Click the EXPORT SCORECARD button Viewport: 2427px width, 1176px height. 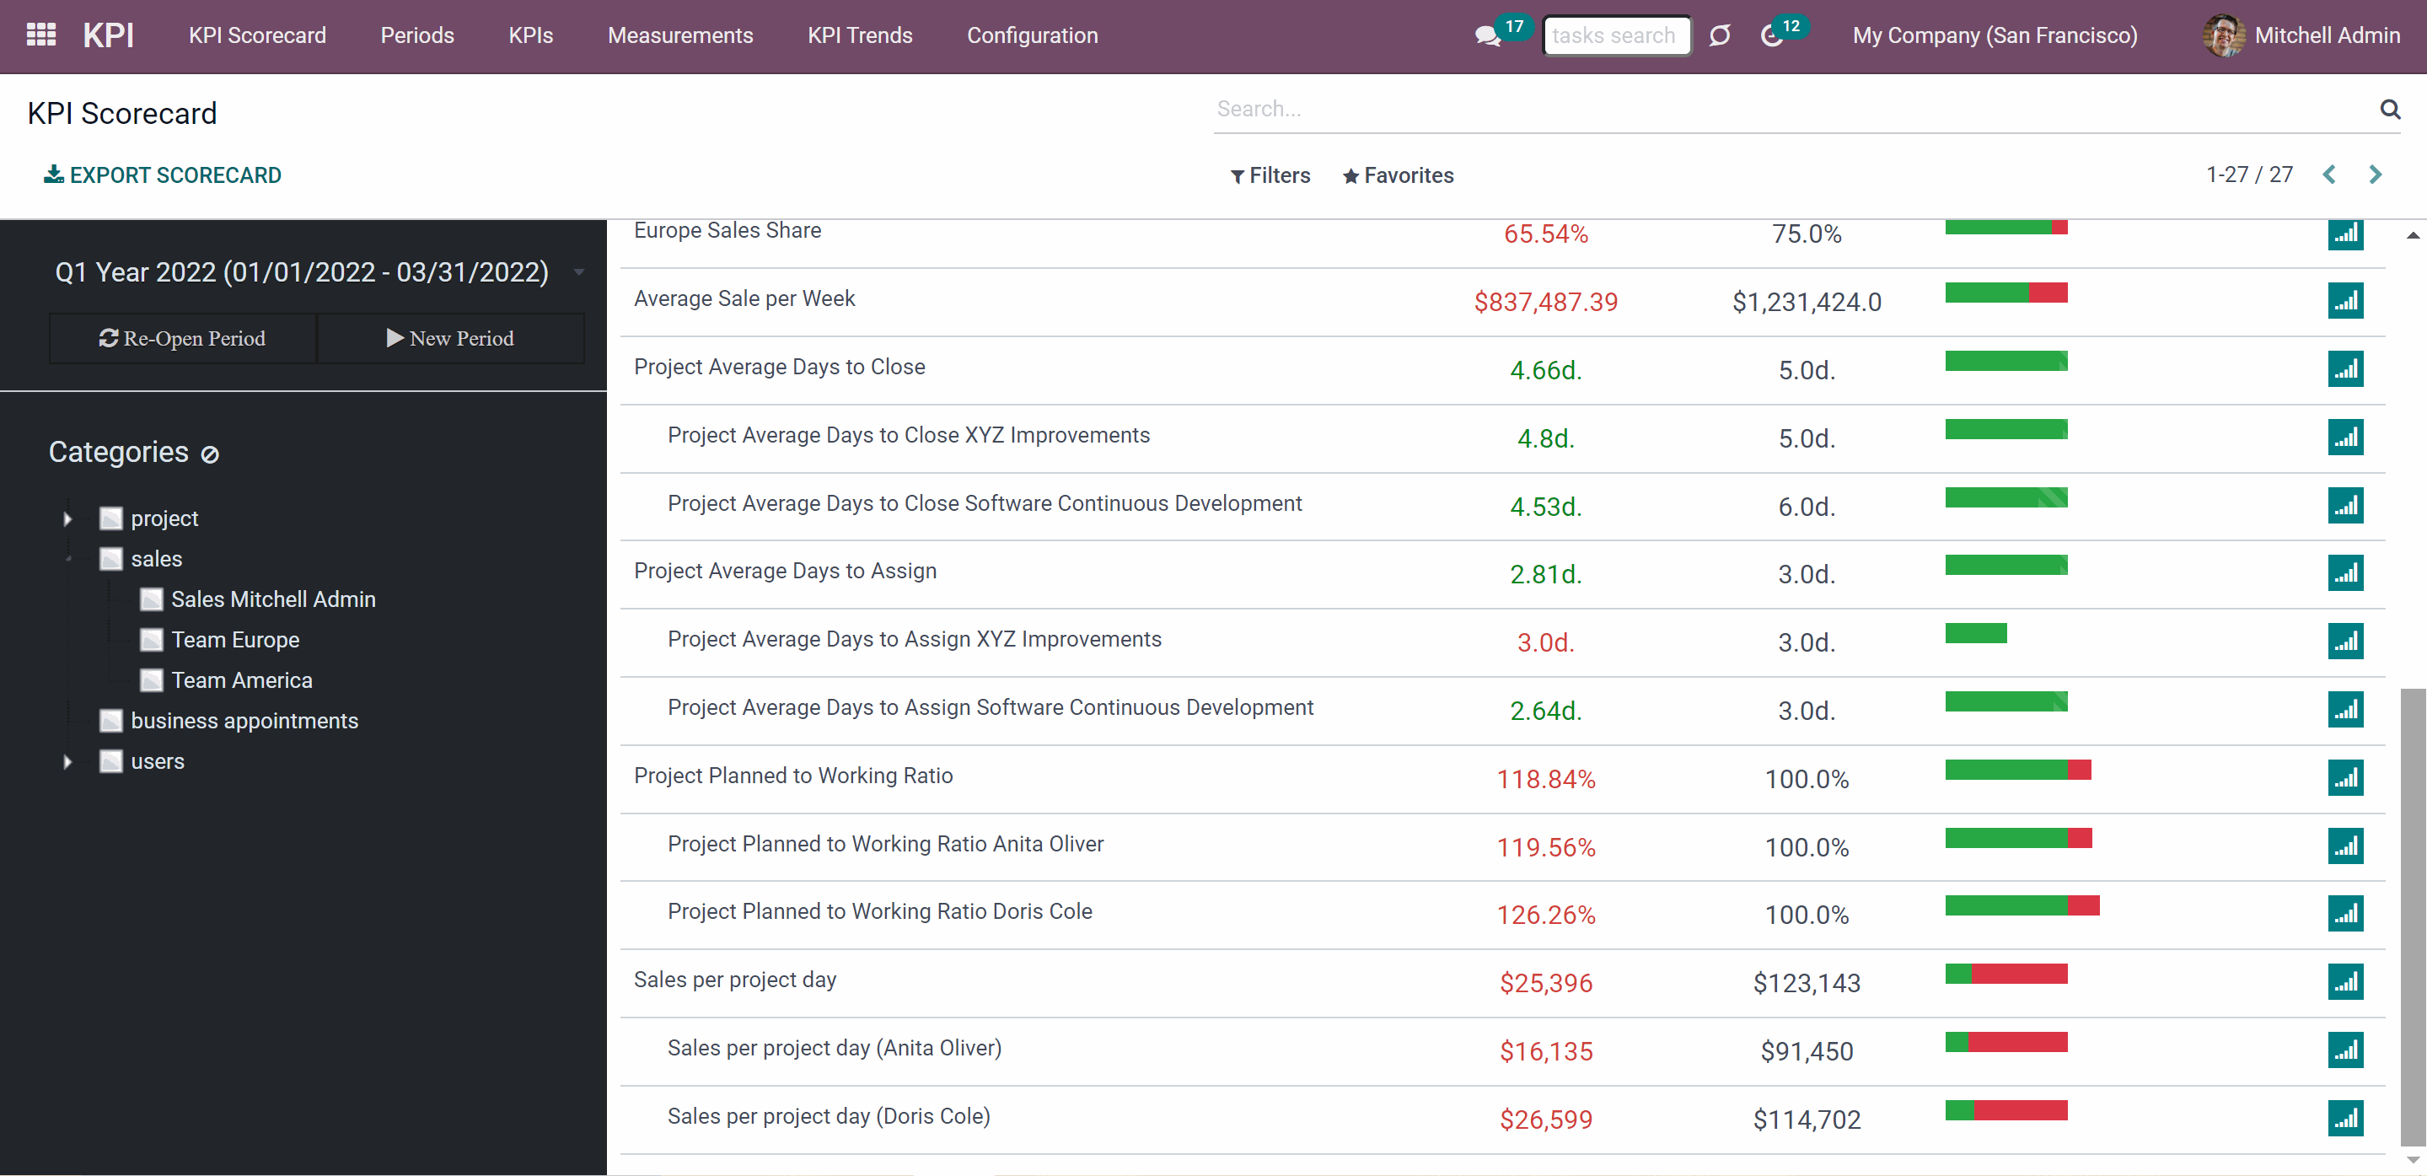pos(162,175)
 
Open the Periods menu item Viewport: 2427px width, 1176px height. pos(417,35)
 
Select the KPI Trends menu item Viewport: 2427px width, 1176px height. pos(859,35)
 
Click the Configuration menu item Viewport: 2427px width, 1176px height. pos(1033,35)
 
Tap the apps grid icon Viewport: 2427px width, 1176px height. pos(41,35)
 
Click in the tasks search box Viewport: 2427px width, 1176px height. pos(1617,35)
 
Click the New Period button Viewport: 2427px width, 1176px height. pos(450,338)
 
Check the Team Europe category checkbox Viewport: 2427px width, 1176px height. pos(151,640)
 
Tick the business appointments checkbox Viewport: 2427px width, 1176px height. pos(111,721)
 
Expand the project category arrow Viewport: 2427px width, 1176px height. pos(67,518)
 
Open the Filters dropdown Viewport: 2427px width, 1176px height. pos(1270,175)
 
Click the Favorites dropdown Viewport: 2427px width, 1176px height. pos(1399,175)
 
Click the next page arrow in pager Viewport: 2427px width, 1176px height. pos(2376,175)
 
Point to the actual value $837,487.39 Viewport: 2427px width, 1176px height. pos(1546,303)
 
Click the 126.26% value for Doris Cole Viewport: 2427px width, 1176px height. pos(1546,915)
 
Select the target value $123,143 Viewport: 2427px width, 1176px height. pos(1806,983)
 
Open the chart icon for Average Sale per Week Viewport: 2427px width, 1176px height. pos(2345,301)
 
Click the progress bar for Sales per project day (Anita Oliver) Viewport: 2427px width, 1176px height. pos(2005,1041)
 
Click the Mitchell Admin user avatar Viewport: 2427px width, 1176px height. pos(2224,35)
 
